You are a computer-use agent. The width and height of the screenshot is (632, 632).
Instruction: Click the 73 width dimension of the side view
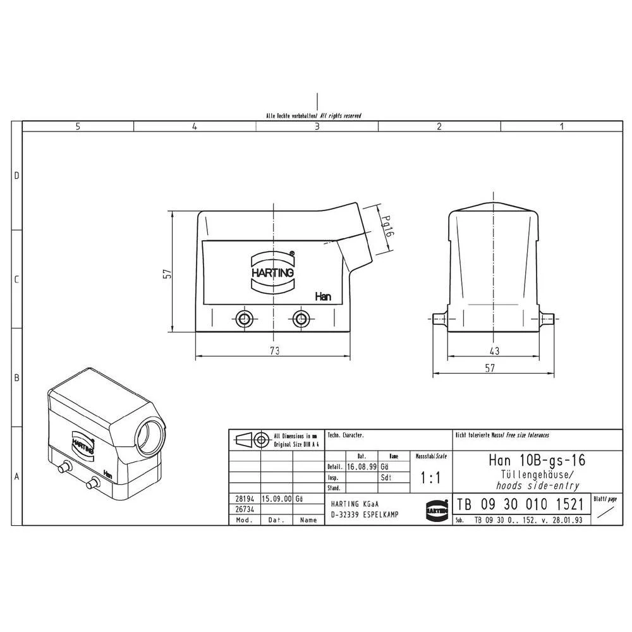pyautogui.click(x=274, y=349)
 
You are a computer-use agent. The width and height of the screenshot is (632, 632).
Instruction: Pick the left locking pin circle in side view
pyautogui.click(x=243, y=317)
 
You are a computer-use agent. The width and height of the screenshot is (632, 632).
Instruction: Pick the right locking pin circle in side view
pyautogui.click(x=301, y=317)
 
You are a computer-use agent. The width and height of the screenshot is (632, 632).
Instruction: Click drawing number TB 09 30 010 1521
pyautogui.click(x=520, y=505)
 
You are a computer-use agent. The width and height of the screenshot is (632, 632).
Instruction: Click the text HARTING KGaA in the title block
pyautogui.click(x=355, y=504)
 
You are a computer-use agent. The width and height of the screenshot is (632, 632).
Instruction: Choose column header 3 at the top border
pyautogui.click(x=317, y=126)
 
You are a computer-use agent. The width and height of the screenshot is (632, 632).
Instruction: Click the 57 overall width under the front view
pyautogui.click(x=490, y=369)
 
